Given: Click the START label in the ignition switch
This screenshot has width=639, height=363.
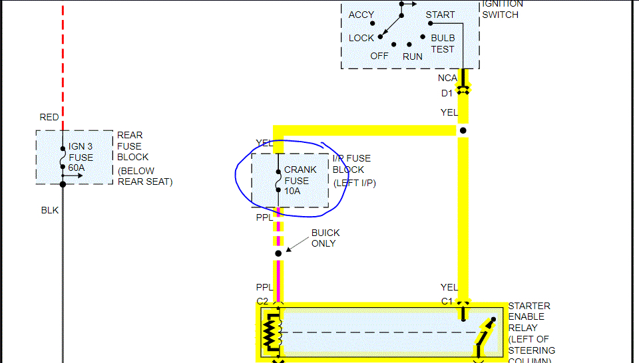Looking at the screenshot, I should pyautogui.click(x=440, y=15).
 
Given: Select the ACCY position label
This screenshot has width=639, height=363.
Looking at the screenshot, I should pyautogui.click(x=361, y=15).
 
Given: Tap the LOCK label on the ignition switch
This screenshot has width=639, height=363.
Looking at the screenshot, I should pyautogui.click(x=361, y=38).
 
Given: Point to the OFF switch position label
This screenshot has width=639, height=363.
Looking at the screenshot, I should pyautogui.click(x=379, y=56).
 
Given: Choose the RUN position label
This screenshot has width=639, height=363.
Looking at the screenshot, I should pyautogui.click(x=413, y=57).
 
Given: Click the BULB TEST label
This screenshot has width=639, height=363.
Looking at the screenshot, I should pyautogui.click(x=443, y=44).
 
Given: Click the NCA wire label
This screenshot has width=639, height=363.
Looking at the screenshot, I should pyautogui.click(x=447, y=78).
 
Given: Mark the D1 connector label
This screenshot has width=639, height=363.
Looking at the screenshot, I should pyautogui.click(x=447, y=93).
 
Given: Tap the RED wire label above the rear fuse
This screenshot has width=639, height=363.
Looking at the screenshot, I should pyautogui.click(x=49, y=118).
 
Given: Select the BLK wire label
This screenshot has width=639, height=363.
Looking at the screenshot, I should pyautogui.click(x=50, y=210).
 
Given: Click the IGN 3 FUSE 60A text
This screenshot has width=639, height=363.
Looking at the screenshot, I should pyautogui.click(x=81, y=158).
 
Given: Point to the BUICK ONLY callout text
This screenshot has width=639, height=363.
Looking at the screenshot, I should pyautogui.click(x=325, y=238).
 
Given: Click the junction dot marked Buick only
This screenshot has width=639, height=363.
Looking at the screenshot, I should pyautogui.click(x=278, y=253).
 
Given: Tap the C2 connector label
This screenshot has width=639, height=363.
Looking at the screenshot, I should pyautogui.click(x=262, y=301).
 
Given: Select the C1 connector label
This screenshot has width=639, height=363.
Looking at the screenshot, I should pyautogui.click(x=447, y=301).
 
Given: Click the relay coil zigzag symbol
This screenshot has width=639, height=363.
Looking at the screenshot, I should pyautogui.click(x=270, y=332).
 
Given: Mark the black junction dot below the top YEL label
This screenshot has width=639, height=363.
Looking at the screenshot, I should pyautogui.click(x=463, y=130).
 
